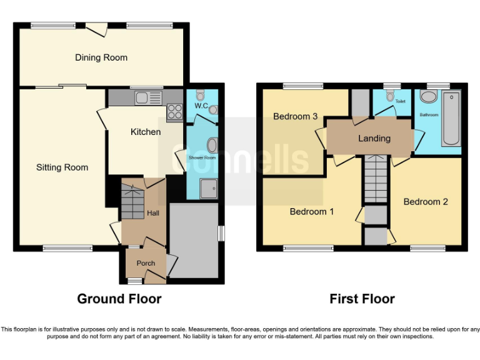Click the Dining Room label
[101, 57]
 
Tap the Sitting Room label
[62, 167]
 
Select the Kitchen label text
[145, 132]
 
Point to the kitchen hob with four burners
[174, 112]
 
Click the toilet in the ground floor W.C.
[200, 96]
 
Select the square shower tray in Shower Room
[209, 187]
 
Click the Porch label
[146, 263]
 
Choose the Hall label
[152, 213]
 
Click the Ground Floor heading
[119, 299]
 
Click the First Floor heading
[362, 299]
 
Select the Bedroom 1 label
[311, 212]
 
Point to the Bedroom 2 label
[425, 202]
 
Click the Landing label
[374, 138]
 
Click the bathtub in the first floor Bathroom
[451, 119]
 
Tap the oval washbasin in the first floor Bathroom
[428, 97]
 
